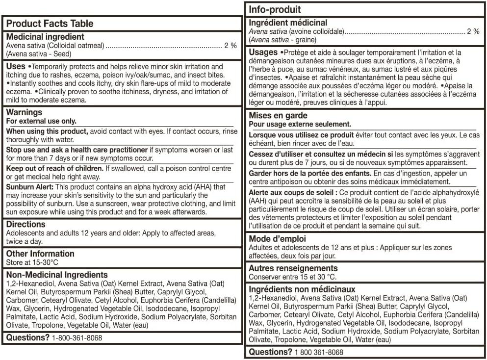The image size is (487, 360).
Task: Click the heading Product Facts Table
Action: coord(50,24)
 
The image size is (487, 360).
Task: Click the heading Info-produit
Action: coord(275,9)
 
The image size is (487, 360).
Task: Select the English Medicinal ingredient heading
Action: coord(45,37)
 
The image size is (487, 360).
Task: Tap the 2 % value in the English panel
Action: coord(231,46)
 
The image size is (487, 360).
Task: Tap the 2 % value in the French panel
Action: coord(473,31)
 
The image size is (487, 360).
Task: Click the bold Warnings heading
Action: coord(24,113)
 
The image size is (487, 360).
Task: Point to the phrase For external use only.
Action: coord(41,121)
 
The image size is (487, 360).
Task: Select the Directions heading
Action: coord(26,225)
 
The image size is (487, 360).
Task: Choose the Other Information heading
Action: coord(40,254)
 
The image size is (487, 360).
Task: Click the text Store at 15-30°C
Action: coord(32,262)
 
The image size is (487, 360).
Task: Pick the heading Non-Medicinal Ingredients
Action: coord(57,275)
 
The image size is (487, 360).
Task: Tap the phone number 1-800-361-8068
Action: coord(77,338)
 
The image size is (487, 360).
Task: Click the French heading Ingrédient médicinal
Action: coord(288,23)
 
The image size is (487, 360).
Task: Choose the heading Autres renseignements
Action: coord(293,269)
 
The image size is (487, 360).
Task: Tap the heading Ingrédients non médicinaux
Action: coord(302,290)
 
